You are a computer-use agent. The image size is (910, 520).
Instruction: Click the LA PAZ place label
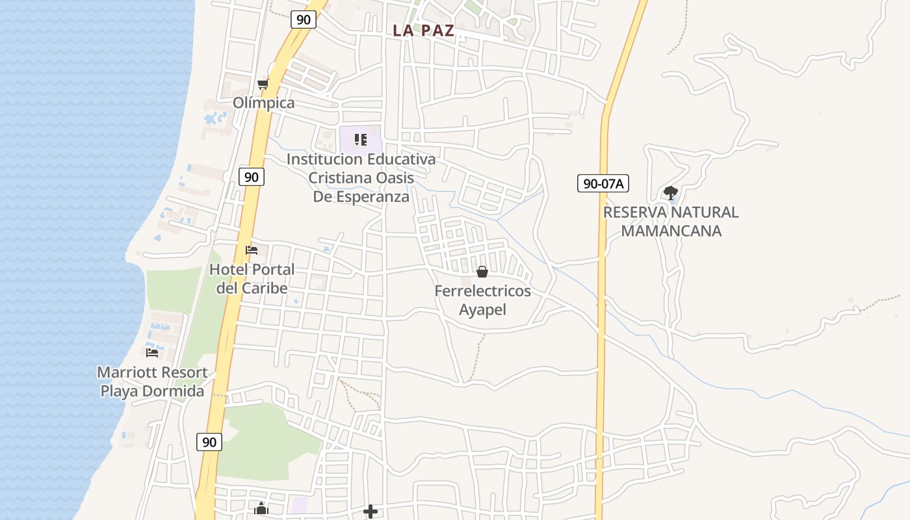click(423, 31)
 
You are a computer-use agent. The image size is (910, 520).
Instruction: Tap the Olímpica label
click(264, 103)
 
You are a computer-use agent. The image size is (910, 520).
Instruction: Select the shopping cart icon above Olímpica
click(263, 84)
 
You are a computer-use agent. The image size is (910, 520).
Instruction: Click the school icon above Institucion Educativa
click(361, 140)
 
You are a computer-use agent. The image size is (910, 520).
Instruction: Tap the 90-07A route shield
click(603, 184)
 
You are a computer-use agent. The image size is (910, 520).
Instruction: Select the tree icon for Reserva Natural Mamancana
click(671, 193)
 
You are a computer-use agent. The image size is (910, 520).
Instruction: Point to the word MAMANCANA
click(671, 231)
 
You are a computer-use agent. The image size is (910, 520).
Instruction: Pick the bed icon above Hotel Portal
click(252, 250)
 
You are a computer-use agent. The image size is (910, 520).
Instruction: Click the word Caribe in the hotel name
click(264, 288)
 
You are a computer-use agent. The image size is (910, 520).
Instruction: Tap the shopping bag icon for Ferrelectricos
click(482, 272)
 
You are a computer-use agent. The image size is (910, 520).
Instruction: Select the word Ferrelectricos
click(482, 291)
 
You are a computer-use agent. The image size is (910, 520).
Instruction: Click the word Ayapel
click(482, 310)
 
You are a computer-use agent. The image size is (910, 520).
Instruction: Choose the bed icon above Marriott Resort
click(152, 353)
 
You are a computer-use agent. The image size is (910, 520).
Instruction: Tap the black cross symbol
click(370, 512)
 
